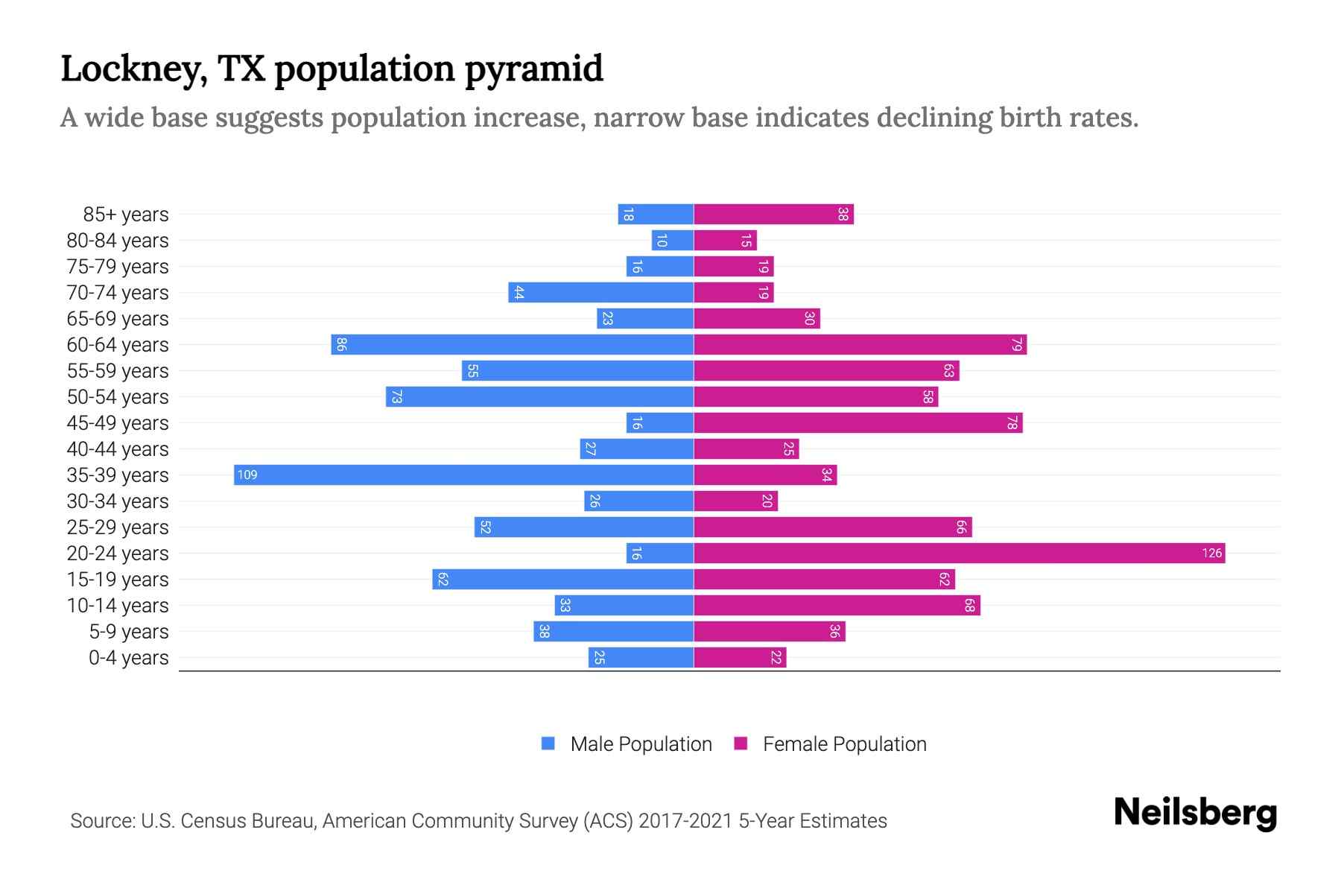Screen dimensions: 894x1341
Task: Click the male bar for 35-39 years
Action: (x=463, y=475)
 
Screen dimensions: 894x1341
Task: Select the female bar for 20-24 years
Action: (x=959, y=553)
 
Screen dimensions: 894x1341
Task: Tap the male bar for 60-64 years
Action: (x=513, y=344)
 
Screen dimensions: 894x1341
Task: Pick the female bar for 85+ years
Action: (x=773, y=214)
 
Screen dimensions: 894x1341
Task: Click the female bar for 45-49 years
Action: (x=857, y=422)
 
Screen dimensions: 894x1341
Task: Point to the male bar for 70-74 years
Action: (x=600, y=292)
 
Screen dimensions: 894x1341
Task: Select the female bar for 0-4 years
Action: (x=740, y=657)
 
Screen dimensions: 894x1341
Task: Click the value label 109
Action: (x=247, y=475)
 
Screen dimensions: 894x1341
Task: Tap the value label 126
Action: (x=1211, y=553)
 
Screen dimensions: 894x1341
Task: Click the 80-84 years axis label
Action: (x=118, y=241)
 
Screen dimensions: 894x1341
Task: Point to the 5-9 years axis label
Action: (x=129, y=632)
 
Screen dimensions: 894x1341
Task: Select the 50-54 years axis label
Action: (x=118, y=397)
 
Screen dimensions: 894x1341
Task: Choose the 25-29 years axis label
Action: (x=118, y=527)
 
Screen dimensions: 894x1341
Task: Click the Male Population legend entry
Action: (x=640, y=744)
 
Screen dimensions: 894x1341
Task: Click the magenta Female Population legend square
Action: (x=741, y=744)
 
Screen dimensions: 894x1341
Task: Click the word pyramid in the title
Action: (x=533, y=69)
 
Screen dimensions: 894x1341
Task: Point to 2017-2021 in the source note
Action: (x=685, y=821)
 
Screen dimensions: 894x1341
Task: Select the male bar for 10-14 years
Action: (x=624, y=605)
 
